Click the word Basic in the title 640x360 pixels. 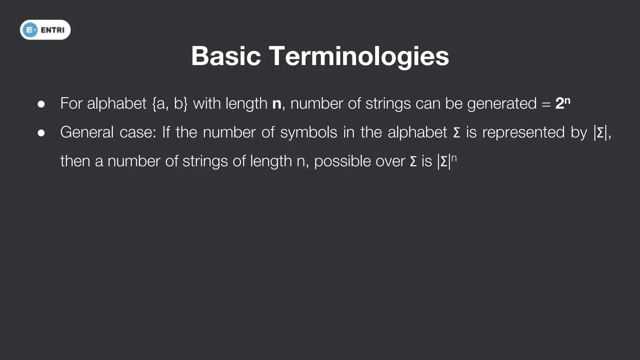(226, 56)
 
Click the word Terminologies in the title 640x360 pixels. (359, 56)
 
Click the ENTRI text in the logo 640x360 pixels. (52, 30)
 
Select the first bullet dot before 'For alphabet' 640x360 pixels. (41, 104)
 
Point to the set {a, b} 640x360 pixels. (170, 103)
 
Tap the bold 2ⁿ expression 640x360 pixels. (563, 103)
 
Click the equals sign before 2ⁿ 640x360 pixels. (546, 104)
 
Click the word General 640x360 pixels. (87, 132)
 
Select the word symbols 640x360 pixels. (308, 132)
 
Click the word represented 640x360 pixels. (523, 132)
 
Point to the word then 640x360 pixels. (75, 161)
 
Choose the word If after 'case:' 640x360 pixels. (166, 132)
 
